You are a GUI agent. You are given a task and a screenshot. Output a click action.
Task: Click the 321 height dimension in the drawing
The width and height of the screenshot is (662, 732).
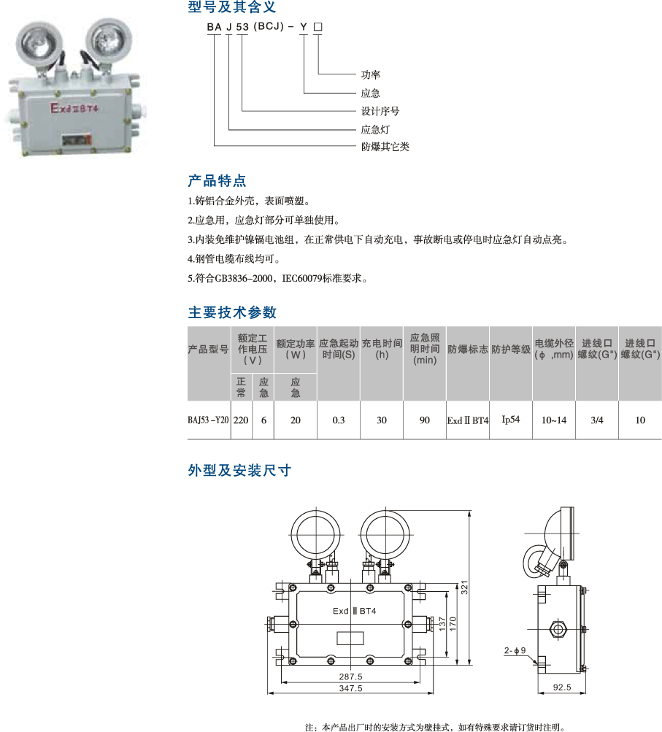point(464,587)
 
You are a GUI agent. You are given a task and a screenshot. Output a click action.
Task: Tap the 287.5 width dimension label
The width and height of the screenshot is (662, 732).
point(350,677)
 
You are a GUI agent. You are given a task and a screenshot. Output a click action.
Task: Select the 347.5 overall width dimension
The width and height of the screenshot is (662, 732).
point(350,688)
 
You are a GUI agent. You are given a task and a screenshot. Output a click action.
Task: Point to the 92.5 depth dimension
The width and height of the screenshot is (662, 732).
point(562,687)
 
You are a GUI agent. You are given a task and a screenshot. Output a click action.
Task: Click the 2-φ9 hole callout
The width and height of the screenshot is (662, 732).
point(515,650)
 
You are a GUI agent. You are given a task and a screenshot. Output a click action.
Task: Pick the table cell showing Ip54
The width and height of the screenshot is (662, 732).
point(511,419)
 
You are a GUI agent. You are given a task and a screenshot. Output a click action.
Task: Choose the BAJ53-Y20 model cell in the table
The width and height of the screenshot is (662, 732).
point(208,420)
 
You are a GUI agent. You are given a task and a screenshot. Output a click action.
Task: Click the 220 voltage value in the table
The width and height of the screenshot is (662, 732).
point(241,420)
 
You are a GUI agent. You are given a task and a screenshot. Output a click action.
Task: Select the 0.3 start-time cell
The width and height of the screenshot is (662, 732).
point(339,420)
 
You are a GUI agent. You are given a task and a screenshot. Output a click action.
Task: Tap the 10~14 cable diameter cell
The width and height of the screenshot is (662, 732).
point(554,420)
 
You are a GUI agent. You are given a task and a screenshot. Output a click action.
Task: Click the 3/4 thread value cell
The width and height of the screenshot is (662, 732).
point(597,420)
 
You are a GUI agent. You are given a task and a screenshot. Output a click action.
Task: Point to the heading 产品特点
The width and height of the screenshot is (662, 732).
point(217,181)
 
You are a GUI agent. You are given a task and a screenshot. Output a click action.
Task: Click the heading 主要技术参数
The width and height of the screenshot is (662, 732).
point(233,312)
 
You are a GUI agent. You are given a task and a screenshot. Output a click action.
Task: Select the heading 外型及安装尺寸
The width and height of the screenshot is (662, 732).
point(239,470)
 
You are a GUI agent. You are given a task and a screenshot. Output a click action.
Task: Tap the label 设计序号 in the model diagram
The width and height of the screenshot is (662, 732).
point(380,111)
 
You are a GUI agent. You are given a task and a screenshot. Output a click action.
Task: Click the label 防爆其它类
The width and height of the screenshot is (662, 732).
point(385,147)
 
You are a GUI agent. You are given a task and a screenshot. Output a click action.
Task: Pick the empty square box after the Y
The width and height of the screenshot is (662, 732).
point(318,27)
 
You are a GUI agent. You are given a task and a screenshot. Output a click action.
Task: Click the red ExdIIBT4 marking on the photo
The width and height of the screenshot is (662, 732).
point(74,108)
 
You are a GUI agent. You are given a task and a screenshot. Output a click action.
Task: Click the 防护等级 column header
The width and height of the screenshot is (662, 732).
point(511,349)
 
